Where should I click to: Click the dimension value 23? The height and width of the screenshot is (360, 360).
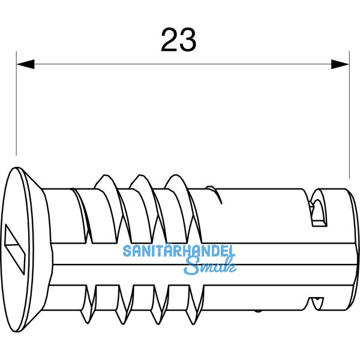pyautogui.click(x=179, y=40)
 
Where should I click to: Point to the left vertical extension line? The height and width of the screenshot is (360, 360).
pyautogui.click(x=16, y=108)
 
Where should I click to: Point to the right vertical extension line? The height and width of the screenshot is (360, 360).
pyautogui.click(x=349, y=120)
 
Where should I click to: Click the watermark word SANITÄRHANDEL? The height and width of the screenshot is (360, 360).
pyautogui.click(x=179, y=252)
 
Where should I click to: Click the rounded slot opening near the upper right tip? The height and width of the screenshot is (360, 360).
pyautogui.click(x=318, y=210)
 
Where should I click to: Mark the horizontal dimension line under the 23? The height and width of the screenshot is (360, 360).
pyautogui.click(x=180, y=62)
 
